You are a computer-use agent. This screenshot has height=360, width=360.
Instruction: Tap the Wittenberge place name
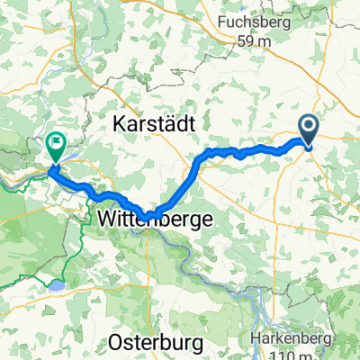click(x=154, y=218)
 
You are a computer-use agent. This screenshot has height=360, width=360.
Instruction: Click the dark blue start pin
click(x=308, y=132)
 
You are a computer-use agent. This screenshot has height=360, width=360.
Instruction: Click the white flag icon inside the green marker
click(x=56, y=140)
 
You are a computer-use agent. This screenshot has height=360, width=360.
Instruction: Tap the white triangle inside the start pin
click(x=308, y=128)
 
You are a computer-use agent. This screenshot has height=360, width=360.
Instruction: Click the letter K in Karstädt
click(x=117, y=127)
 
